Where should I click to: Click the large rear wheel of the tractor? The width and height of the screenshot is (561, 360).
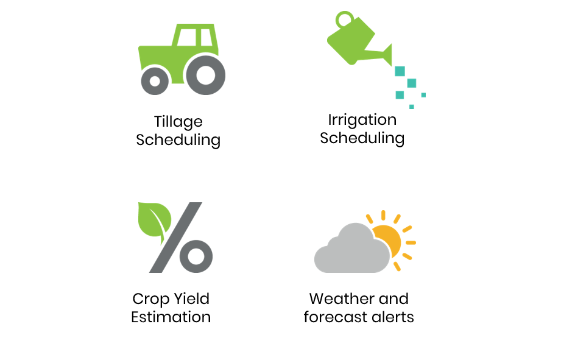coord(189,75)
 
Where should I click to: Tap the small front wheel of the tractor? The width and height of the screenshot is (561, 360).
coord(146,81)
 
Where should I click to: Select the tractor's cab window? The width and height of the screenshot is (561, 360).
coord(187,37)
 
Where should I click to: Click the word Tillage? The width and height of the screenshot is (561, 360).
coord(178,122)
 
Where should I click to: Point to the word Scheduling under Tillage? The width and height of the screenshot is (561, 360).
coord(178,140)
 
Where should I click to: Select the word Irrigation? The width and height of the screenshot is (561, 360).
coord(362,120)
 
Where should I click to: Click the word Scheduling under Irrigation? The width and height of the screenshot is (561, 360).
coord(362,138)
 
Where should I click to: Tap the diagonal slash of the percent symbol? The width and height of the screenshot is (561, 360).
coord(175,238)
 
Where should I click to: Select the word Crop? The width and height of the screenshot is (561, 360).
coord(150,299)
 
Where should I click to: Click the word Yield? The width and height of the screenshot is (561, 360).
coord(191,298)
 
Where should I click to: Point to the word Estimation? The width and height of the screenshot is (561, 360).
coord(171,317)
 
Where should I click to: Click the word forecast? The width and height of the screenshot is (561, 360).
coord(336,317)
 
